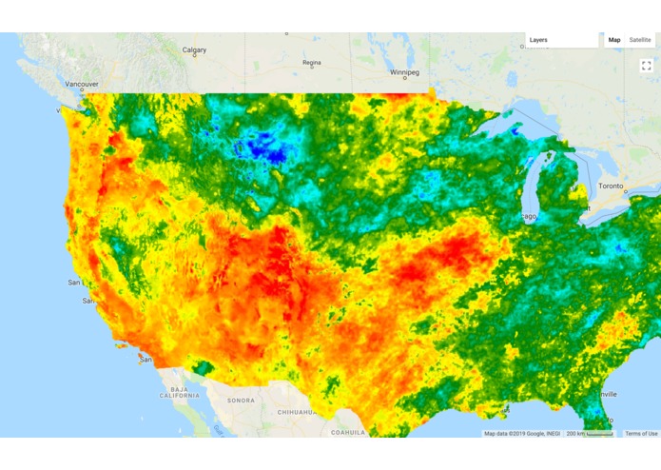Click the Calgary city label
194,50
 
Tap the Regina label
312,63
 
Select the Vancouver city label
82,84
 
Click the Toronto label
611,186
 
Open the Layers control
561,40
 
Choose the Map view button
614,40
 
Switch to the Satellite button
640,40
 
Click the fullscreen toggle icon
646,65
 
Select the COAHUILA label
348,431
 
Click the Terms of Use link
641,434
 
